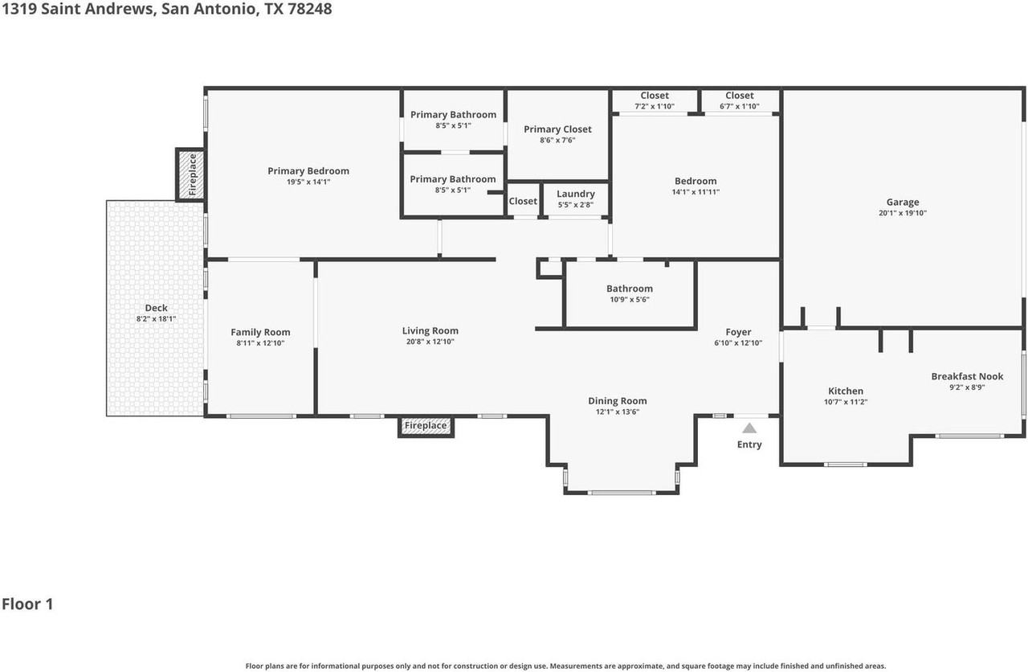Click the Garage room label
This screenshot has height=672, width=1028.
(x=902, y=202)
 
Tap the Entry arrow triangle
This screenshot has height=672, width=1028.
(x=749, y=428)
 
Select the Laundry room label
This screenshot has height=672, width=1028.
(x=576, y=194)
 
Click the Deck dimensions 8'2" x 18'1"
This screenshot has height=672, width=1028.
(x=156, y=319)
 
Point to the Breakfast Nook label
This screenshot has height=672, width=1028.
(x=967, y=376)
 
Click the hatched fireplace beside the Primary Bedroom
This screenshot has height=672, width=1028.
(x=190, y=174)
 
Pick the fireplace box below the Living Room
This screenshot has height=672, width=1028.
(x=426, y=426)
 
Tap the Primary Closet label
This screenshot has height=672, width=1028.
(x=557, y=129)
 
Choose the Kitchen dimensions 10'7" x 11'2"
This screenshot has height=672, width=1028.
(x=846, y=402)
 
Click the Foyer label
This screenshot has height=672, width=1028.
(x=738, y=332)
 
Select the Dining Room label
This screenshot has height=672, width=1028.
(x=618, y=401)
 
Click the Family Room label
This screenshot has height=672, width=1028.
(x=260, y=332)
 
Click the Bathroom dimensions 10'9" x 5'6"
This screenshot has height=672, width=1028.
(x=629, y=300)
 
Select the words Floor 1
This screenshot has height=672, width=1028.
(x=27, y=604)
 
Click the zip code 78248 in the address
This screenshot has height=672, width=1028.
(x=310, y=9)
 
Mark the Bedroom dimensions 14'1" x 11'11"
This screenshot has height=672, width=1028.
(x=696, y=192)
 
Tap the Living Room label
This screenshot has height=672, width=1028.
(x=430, y=330)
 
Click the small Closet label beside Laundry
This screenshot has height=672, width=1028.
(x=523, y=201)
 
